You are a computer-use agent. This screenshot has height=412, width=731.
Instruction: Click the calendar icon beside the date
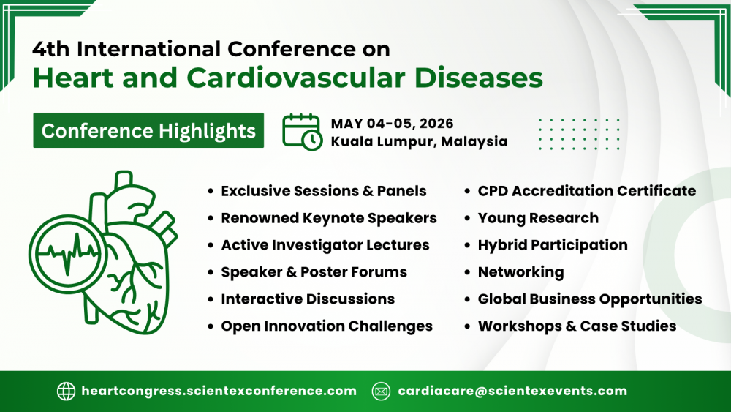point(302,132)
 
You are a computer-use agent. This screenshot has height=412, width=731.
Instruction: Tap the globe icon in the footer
point(66,391)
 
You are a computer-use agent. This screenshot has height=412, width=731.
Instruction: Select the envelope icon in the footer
point(381,391)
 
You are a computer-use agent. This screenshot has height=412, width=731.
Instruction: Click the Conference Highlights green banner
point(148,131)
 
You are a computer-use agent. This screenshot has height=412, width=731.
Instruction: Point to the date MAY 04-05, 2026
point(392,123)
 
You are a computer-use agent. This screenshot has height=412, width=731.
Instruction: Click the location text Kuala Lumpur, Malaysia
point(419,141)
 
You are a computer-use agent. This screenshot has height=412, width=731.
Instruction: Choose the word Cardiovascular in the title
point(296,78)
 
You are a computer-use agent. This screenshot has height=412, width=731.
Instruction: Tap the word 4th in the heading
point(51,49)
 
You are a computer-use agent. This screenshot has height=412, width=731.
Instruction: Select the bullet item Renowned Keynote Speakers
point(329,218)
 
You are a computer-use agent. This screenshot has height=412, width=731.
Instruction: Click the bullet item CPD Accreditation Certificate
point(586,191)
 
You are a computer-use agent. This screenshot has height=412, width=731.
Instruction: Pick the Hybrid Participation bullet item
point(553,245)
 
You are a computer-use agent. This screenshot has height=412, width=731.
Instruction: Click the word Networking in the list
point(520,272)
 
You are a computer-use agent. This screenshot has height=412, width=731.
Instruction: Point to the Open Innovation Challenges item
point(327,326)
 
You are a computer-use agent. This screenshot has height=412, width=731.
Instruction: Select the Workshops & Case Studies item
point(577,326)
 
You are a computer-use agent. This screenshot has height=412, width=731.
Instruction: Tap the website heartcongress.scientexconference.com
point(219,391)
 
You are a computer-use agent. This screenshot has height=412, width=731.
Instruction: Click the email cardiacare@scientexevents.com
point(512,391)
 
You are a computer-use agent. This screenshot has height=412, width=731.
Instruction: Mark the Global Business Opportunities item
point(590,299)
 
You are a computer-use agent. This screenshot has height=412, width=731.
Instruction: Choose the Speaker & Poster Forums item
point(314,272)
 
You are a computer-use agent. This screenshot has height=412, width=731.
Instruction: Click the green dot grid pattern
point(579,135)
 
